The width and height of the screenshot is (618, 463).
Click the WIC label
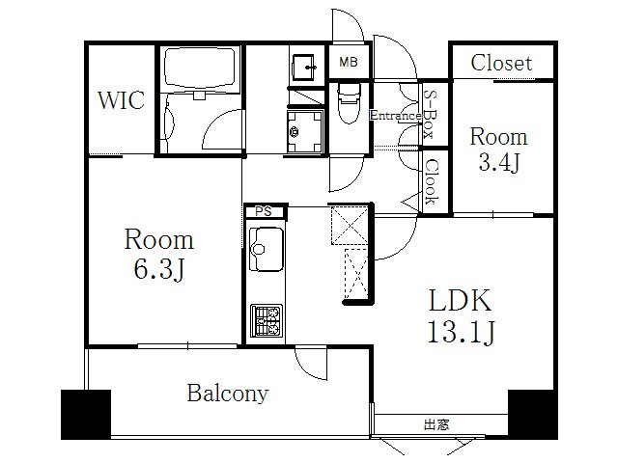pos(121,100)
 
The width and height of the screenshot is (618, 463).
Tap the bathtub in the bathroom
pos(202,68)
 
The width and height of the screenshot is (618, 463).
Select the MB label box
pos(349,62)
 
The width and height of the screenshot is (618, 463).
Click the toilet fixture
pos(349,102)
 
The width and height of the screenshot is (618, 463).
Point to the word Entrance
pos(395,116)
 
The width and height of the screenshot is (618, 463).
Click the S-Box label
pos(430,114)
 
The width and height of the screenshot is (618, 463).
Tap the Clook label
pos(432,181)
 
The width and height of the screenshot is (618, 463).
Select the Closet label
pos(501,63)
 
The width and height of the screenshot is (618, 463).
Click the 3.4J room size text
pos(500,162)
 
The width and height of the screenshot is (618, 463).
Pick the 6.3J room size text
pos(159,270)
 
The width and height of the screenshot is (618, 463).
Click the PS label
pos(264,211)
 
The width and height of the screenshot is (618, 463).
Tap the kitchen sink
pos(267,249)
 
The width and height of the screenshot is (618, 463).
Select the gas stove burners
pos(267,320)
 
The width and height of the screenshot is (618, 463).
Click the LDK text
pos(460,300)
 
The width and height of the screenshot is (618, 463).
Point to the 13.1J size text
pos(462,333)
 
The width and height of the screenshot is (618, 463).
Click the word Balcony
pos(228,394)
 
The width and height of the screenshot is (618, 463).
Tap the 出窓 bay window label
pos(436,424)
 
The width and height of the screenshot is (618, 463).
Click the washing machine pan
pos(306,131)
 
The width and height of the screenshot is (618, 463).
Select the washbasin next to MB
pos(304,68)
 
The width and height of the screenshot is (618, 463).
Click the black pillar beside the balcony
pos(86,414)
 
